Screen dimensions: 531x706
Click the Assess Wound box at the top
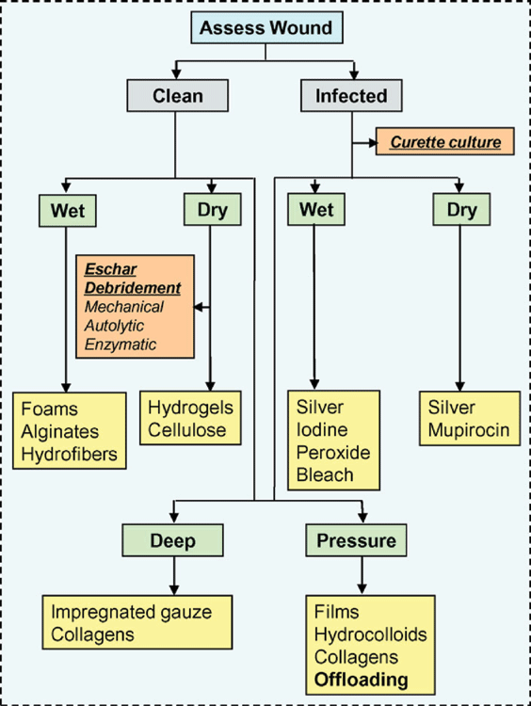pos(266,28)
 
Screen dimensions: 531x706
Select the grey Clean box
pos(177,95)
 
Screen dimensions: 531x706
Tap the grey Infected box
pos(351,95)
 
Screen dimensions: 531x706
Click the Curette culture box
pos(445,142)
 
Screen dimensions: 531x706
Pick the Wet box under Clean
pos(68,210)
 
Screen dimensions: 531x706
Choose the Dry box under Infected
pos(461,209)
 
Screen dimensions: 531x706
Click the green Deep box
pos(172,540)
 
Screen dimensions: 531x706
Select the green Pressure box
pos(356,540)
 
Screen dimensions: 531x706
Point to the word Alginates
pos(60,432)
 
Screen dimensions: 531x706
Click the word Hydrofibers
pos(70,454)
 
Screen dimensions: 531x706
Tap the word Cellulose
pos(187,430)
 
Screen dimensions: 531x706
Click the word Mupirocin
pos(469,430)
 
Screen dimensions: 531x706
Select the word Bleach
pos(325,474)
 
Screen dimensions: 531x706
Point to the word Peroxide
pos(333,452)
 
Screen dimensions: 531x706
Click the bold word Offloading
pos(362,680)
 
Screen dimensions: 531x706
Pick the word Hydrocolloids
pos(371,634)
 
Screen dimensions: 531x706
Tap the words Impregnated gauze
pos(132,613)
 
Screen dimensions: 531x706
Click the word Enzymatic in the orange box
pos(121,345)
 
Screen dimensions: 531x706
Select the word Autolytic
pos(115,326)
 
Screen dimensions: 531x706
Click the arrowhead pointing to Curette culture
pos(373,143)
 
